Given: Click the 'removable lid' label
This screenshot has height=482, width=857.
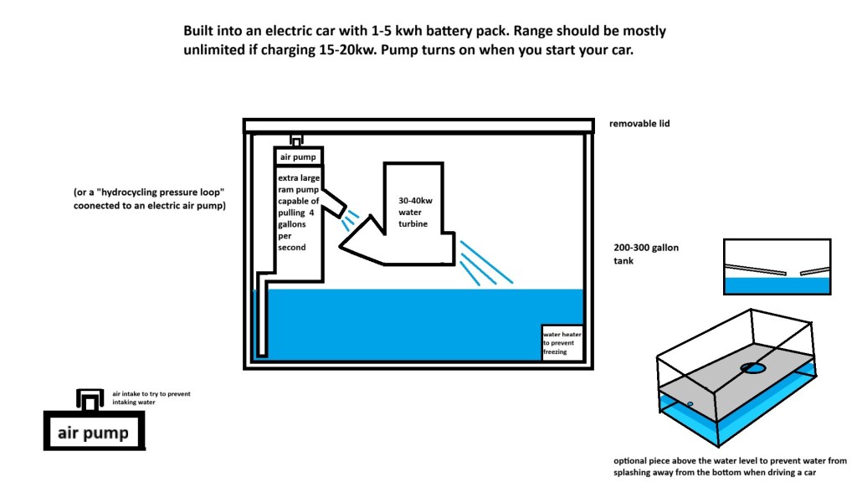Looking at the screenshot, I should pos(640,124).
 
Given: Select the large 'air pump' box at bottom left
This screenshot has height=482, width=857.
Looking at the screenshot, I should pos(92,433).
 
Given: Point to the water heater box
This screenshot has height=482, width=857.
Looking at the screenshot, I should pos(562,341).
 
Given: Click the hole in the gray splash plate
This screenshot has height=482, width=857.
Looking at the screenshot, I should pos(752,367).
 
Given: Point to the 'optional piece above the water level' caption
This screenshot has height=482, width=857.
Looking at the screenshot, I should pos(730,466).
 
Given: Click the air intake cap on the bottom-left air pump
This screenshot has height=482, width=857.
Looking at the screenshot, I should pos(88,400).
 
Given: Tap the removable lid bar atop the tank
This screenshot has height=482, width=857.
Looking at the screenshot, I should pos(418,126).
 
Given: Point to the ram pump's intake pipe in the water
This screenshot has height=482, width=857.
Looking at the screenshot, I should pos(263,318).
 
